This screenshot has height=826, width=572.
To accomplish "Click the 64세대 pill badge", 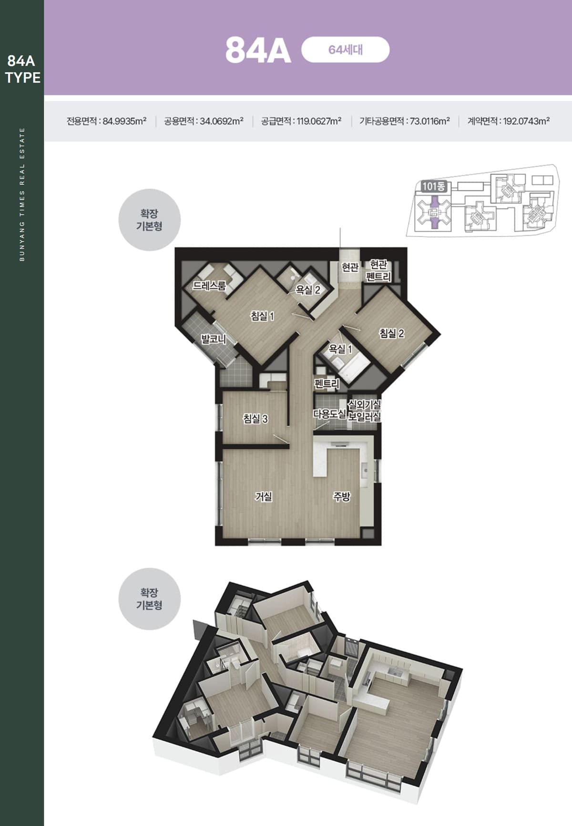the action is point(346,50).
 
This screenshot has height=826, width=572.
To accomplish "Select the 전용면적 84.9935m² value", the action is point(107,121).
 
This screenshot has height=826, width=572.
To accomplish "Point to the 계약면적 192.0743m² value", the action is point(509,121).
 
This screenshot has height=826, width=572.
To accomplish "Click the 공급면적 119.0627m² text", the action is point(301,121).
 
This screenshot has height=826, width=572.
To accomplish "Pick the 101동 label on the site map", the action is point(434,186).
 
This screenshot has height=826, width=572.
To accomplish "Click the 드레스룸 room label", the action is point(209,286).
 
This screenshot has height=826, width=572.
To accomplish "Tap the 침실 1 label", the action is point(262,316).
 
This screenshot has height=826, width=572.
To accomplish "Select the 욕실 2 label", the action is point(308,290).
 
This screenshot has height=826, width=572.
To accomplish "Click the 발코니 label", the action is point(213,339).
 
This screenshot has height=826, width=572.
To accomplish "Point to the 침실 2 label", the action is point(391,333).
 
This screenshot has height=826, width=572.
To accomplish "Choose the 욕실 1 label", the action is point(340,349).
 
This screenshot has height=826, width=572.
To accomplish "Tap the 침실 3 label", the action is point(255,419).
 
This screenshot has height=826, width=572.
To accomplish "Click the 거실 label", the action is point(264,496).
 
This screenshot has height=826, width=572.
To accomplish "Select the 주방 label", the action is point(342,496).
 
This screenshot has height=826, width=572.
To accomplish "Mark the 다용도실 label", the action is point(329,413).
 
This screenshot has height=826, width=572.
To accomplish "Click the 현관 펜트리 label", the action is point(378,271).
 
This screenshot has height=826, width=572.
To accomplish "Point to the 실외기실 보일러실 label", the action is point(364,411).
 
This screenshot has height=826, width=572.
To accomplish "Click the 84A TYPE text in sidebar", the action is point(22,69).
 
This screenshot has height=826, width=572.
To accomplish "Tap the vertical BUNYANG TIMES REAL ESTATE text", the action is point(22,194).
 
